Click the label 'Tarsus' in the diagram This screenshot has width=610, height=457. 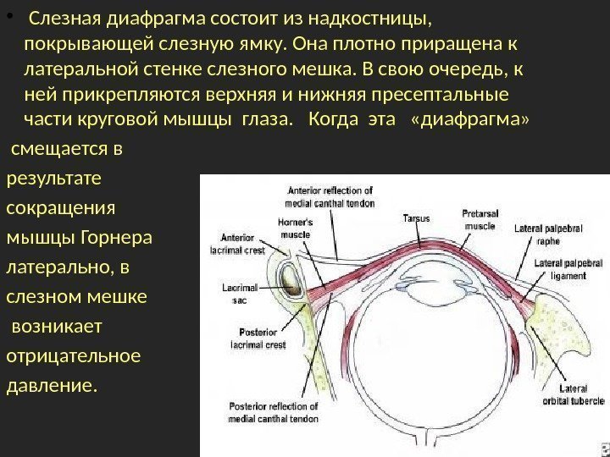[417, 218]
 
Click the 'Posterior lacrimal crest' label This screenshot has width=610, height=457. [256, 338]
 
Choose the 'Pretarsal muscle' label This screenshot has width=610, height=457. [479, 219]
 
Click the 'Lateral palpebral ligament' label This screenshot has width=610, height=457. [560, 269]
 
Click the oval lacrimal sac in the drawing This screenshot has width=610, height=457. [289, 276]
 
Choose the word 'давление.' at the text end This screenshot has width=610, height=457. [53, 386]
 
